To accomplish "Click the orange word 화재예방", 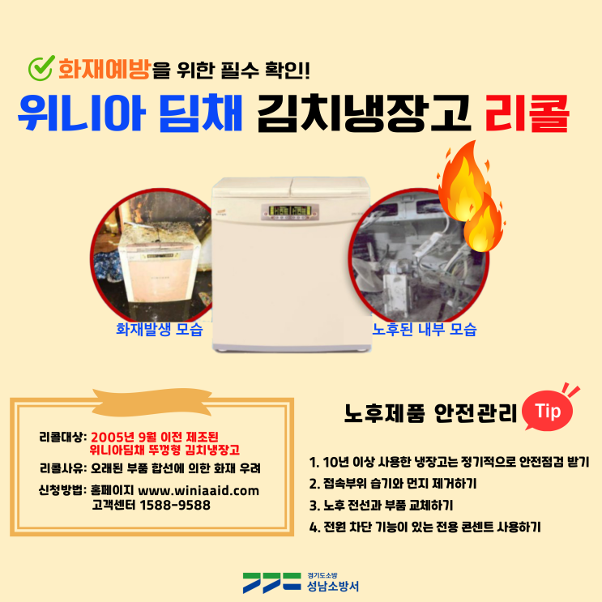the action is pyautogui.click(x=104, y=69).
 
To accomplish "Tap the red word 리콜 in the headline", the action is pyautogui.click(x=527, y=113).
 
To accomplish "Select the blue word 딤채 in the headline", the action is pyautogui.click(x=200, y=113).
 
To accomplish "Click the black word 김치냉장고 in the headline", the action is pyautogui.click(x=364, y=113).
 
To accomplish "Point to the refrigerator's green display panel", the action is pyautogui.click(x=290, y=211).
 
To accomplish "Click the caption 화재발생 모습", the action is pyautogui.click(x=160, y=330).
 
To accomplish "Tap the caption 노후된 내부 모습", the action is pyautogui.click(x=425, y=330).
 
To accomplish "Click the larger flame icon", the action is pyautogui.click(x=463, y=181).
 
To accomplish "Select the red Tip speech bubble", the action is pyautogui.click(x=548, y=411).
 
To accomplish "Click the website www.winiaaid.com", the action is pyautogui.click(x=199, y=491).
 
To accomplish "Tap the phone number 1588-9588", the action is pyautogui.click(x=175, y=505).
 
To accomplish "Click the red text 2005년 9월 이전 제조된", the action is pyautogui.click(x=154, y=437).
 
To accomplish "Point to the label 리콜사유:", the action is pyautogui.click(x=63, y=468).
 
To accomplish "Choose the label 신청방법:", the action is pyautogui.click(x=63, y=490).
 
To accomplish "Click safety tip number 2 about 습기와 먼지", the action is pyautogui.click(x=393, y=484).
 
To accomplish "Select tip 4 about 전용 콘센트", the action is pyautogui.click(x=425, y=527).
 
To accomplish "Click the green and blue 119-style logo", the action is pyautogui.click(x=271, y=583).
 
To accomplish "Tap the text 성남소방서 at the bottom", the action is pyautogui.click(x=333, y=586).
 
